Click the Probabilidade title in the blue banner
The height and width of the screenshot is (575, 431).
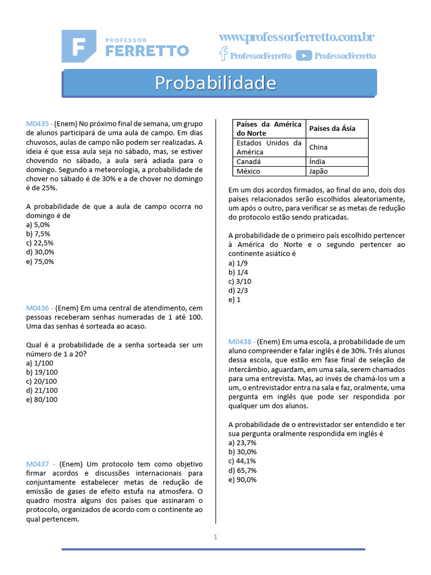click(x=215, y=83)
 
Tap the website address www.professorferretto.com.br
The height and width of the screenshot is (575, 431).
click(x=296, y=38)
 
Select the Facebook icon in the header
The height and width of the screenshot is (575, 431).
click(x=223, y=54)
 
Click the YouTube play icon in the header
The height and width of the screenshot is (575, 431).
click(x=304, y=55)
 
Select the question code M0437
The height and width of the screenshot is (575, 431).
click(x=38, y=464)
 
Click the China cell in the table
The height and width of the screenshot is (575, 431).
click(x=318, y=147)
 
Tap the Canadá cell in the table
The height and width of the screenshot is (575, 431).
click(x=249, y=162)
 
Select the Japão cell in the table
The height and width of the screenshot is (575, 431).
click(x=318, y=171)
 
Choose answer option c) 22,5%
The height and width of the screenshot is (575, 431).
click(x=40, y=243)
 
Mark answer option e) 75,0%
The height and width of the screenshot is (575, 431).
click(x=40, y=262)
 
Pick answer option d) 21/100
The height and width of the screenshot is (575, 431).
click(x=42, y=390)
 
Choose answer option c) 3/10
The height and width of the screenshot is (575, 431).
click(x=240, y=281)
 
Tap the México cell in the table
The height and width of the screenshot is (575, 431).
click(x=249, y=171)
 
